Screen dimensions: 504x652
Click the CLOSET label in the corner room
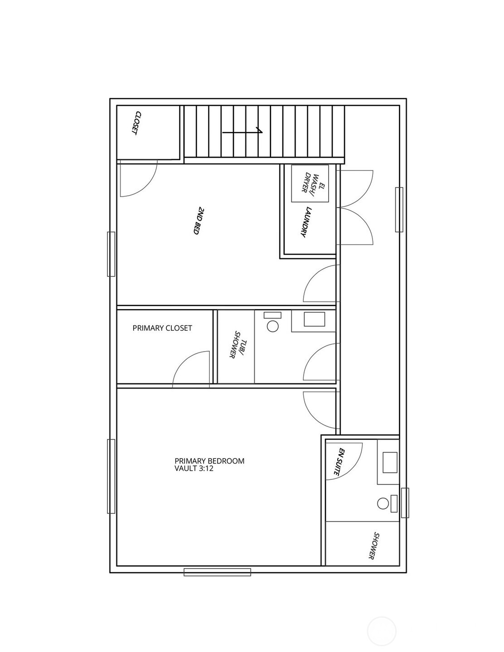tap(136, 123)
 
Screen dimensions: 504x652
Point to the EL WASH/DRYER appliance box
tap(310, 184)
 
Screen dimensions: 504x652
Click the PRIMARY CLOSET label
tap(162, 328)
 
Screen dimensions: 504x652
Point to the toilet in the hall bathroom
tap(272, 322)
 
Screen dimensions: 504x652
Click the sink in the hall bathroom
tap(314, 319)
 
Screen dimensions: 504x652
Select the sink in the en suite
tap(390, 462)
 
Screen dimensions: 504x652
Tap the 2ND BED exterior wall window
tap(111, 254)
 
